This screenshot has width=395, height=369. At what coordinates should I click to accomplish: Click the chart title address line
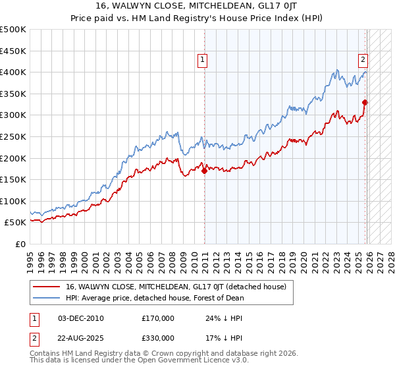coord(197,5)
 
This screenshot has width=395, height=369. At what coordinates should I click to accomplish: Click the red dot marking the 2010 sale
coord(204,171)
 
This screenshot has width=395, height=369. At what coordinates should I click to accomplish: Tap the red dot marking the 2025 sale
coord(365,102)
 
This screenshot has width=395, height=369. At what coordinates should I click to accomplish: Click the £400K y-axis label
coord(13,72)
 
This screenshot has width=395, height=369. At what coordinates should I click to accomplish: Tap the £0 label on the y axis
coord(20,244)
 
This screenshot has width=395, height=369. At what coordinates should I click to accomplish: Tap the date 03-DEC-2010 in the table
coord(81,318)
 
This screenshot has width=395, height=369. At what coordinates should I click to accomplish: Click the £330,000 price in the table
coord(158,337)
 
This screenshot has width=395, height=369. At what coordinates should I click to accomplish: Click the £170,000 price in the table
coord(158,318)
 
